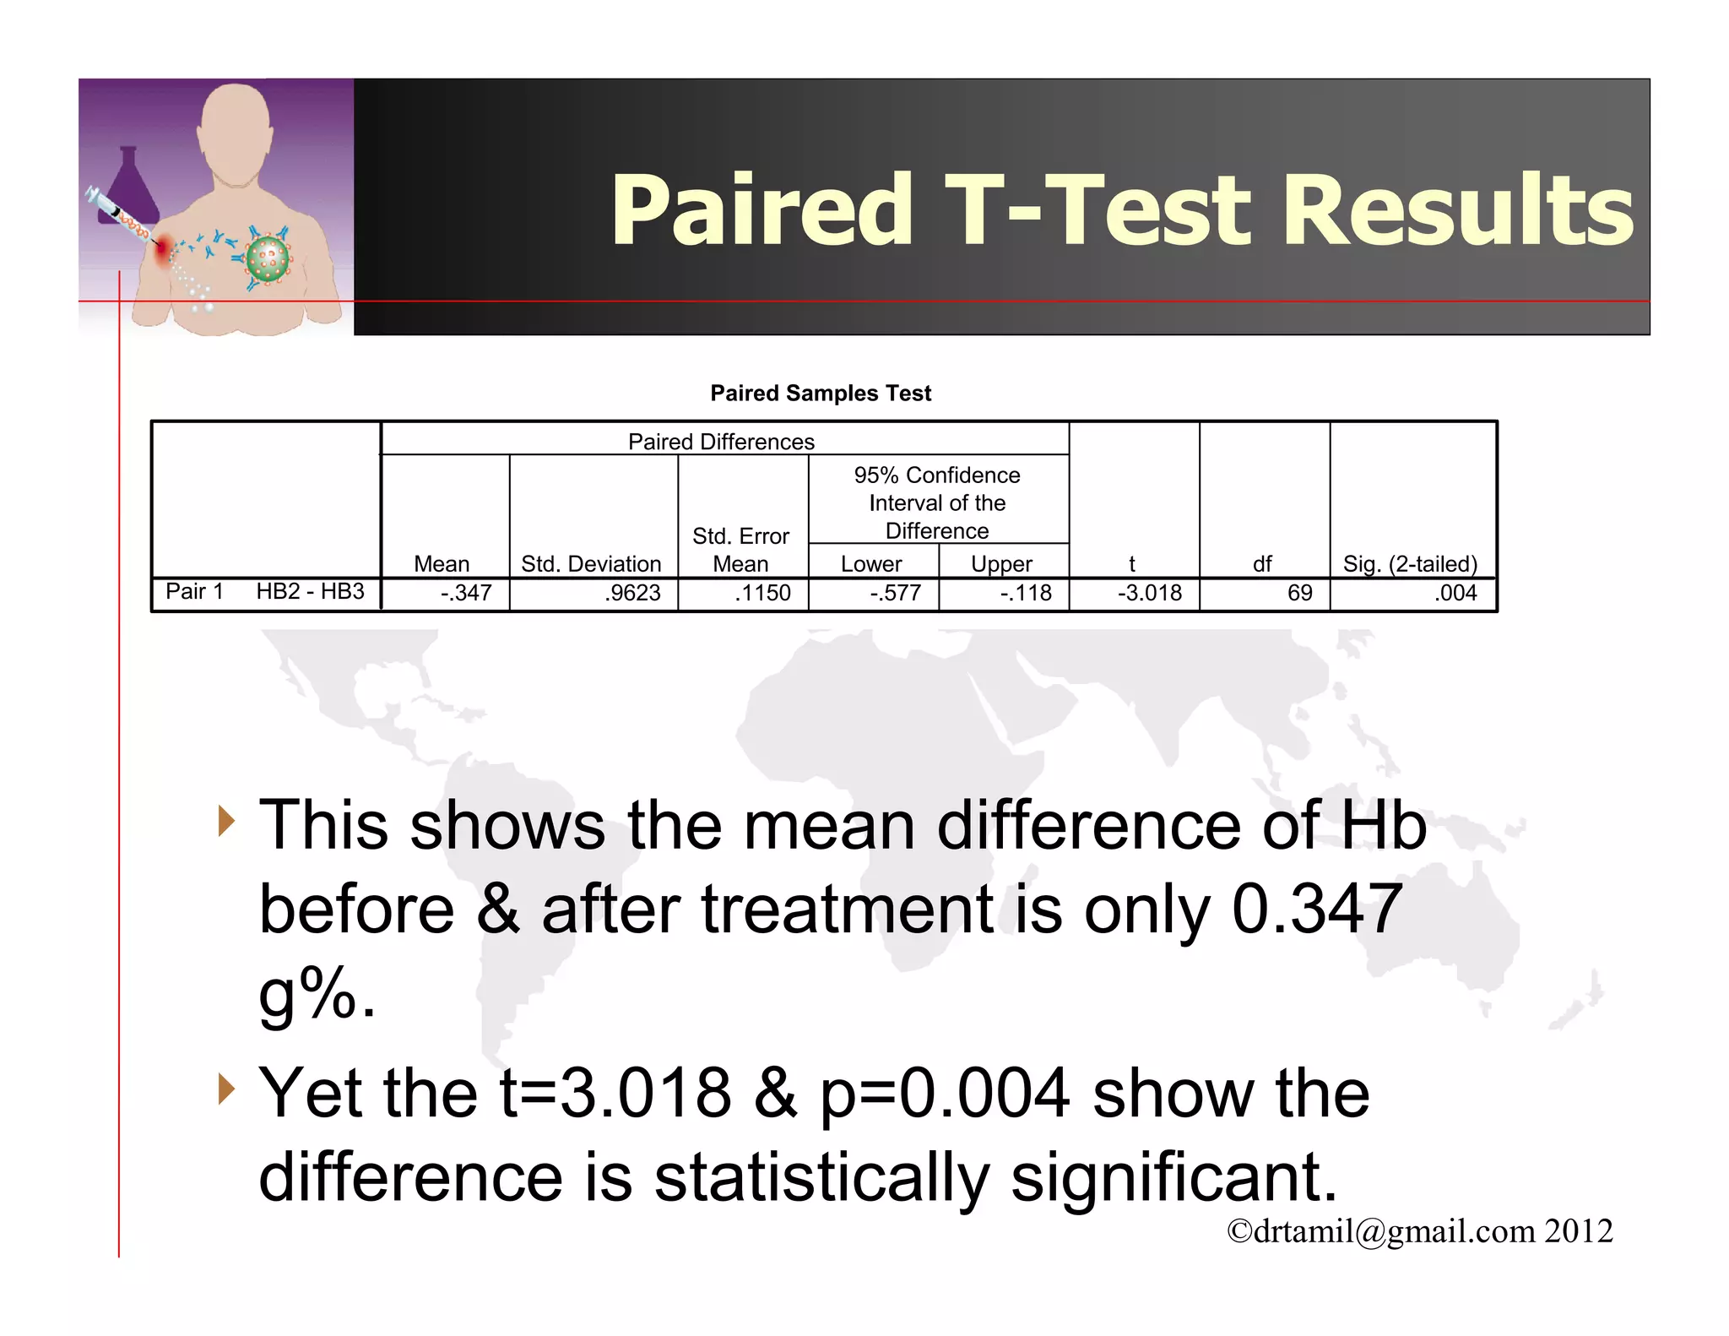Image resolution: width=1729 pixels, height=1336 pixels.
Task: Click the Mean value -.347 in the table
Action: pos(466,593)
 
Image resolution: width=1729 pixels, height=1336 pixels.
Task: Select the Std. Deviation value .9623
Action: pos(632,593)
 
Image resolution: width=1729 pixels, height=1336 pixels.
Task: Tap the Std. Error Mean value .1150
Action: pos(762,593)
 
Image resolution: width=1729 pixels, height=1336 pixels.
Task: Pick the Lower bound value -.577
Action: pos(895,593)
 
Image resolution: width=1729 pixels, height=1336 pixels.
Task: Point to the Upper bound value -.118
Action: pos(1026,593)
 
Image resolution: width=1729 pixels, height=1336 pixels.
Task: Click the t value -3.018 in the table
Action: pos(1149,593)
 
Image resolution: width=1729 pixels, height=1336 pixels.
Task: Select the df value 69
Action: pos(1299,593)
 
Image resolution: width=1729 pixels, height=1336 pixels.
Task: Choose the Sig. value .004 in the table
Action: pos(1455,593)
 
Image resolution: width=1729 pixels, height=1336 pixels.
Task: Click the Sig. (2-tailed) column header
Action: pos(1410,564)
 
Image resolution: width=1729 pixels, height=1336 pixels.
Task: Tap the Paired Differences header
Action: pos(721,442)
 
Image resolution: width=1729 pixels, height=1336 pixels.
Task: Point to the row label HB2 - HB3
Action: pos(310,591)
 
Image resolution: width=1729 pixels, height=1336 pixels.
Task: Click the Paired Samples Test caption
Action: pos(821,394)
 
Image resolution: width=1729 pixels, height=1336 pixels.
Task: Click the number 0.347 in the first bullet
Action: pos(1317,910)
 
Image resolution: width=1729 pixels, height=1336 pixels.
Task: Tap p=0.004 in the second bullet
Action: pos(945,1093)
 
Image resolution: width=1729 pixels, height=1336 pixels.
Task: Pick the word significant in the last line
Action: pos(1173,1177)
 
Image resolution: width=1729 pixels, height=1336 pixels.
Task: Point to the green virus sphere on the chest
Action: pos(268,259)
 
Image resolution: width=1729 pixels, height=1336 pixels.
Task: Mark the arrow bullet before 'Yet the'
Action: pos(225,1089)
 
